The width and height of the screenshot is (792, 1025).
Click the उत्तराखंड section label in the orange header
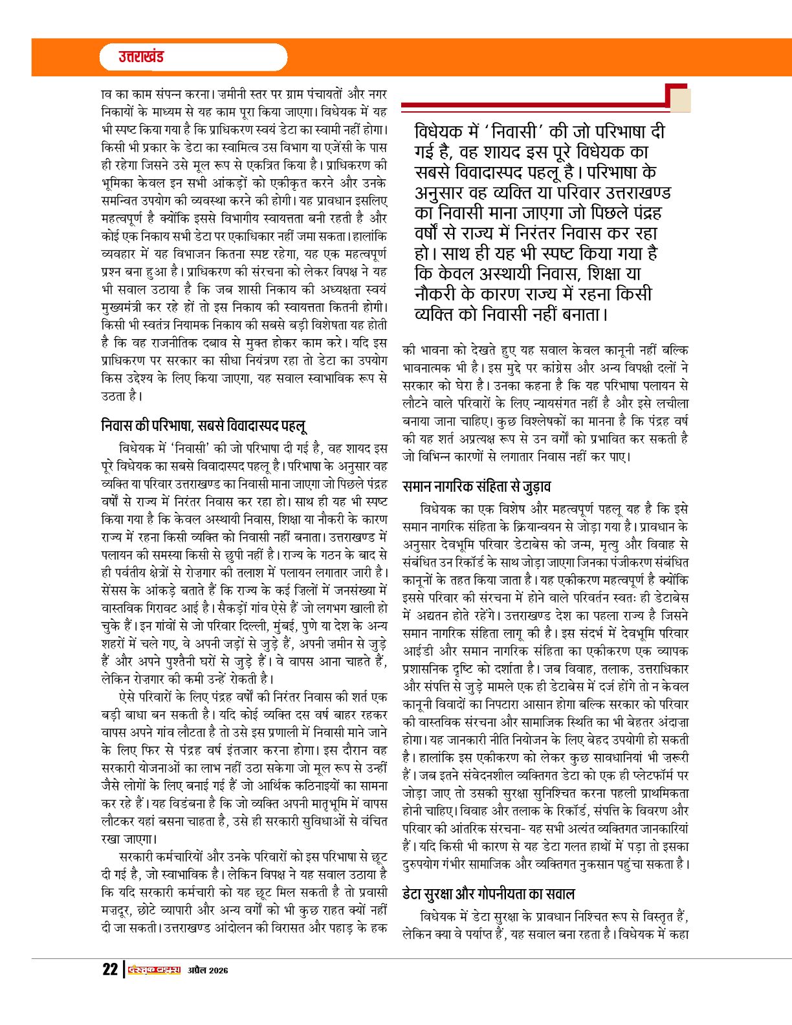point(141,57)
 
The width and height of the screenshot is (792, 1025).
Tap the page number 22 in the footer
point(110,969)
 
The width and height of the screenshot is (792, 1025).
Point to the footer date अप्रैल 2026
point(208,970)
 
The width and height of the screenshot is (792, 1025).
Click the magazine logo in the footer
point(153,969)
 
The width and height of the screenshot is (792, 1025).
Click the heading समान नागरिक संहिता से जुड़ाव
point(476,486)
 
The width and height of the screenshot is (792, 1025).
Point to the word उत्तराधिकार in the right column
point(663,668)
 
